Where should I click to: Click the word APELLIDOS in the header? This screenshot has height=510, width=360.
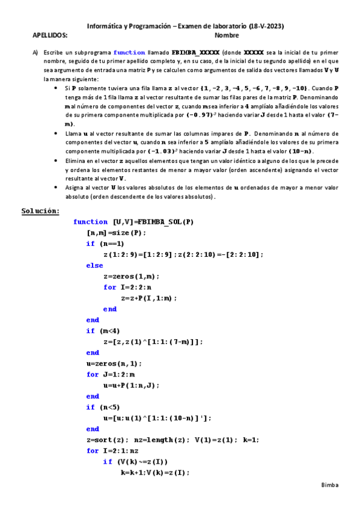(50, 36)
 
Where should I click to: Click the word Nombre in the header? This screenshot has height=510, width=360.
(227, 36)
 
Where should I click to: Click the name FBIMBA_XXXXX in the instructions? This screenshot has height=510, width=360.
(197, 53)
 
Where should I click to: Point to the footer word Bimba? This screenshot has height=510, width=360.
(330, 485)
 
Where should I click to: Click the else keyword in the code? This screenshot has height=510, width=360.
(94, 265)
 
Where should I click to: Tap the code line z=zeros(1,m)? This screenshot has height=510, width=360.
(132, 276)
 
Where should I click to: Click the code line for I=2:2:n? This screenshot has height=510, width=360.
(128, 287)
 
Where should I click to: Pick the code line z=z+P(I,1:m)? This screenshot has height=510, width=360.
(149, 298)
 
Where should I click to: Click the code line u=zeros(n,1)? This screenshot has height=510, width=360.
(115, 363)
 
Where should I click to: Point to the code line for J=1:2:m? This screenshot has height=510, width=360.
(111, 374)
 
